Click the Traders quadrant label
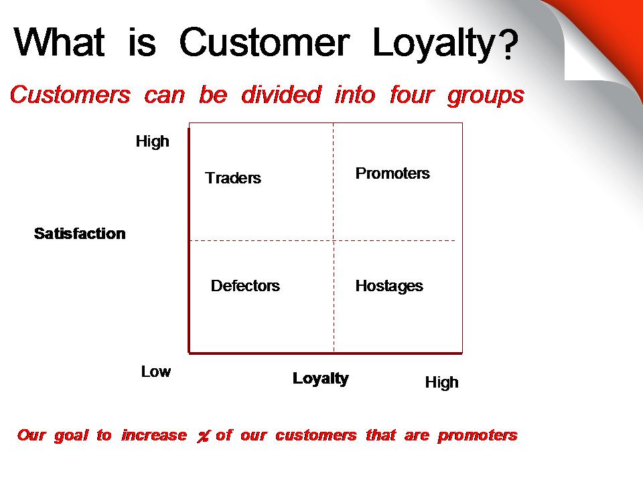[233, 178]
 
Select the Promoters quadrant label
[392, 173]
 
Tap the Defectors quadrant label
[245, 286]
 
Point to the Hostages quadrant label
[389, 286]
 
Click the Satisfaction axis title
[80, 234]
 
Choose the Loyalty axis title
[321, 379]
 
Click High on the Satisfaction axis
[153, 142]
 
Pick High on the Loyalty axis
[441, 383]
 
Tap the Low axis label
[156, 372]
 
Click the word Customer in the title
[265, 42]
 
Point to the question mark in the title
[509, 43]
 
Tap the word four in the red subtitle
[411, 95]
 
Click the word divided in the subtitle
[281, 94]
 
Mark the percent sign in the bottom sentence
[203, 436]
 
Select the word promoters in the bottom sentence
[478, 436]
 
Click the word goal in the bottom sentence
[71, 436]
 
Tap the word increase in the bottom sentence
[154, 435]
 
